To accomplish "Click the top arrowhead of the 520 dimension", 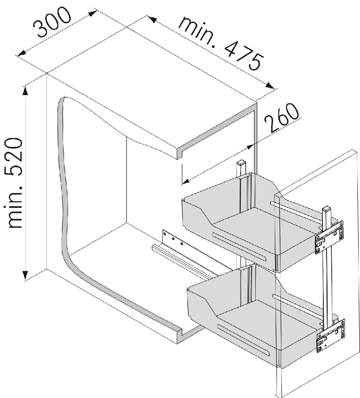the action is (x=25, y=91).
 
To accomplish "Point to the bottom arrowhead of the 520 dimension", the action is (x=25, y=275).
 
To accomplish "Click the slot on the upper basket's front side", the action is (x=239, y=246).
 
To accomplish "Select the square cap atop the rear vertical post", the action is (x=241, y=162).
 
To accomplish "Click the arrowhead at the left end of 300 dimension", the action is (x=21, y=53).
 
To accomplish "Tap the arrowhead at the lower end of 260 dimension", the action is (x=186, y=181).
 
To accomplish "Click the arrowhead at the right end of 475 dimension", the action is (x=270, y=86).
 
